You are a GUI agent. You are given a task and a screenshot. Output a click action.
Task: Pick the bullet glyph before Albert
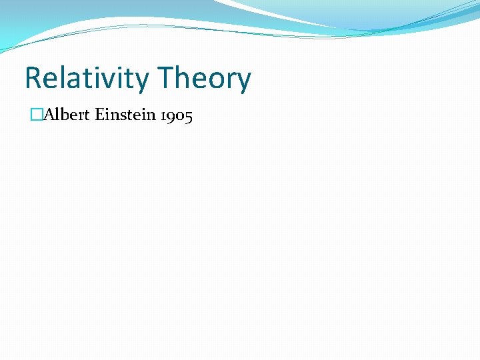[36, 116]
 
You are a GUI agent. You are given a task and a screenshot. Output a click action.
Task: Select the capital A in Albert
[49, 116]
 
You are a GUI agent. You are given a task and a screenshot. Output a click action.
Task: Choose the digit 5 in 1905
[189, 117]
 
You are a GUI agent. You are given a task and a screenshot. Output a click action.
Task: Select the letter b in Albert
[64, 116]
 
